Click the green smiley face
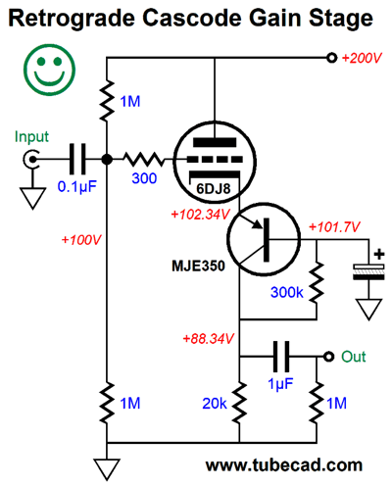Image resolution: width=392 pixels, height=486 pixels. (49, 70)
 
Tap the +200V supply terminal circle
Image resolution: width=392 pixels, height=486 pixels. (331, 58)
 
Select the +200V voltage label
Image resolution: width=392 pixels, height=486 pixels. (362, 58)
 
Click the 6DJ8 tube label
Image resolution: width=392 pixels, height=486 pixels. (214, 188)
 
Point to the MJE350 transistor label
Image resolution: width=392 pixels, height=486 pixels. (198, 266)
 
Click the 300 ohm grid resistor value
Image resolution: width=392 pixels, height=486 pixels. (144, 178)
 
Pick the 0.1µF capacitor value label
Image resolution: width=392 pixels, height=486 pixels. (77, 186)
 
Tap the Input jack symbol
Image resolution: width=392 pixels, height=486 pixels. (31, 160)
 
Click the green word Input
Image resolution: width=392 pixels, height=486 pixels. (31, 136)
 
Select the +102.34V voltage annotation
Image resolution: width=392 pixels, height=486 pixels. (200, 215)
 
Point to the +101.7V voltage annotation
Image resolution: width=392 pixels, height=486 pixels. (334, 226)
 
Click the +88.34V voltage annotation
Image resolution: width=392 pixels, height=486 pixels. (208, 339)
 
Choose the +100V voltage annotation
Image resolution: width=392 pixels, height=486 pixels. (81, 240)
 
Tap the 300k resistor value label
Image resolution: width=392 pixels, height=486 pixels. (287, 292)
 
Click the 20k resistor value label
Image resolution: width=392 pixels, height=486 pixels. (215, 404)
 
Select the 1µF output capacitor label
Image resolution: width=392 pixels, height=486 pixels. (280, 383)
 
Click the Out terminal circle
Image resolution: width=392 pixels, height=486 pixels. (328, 357)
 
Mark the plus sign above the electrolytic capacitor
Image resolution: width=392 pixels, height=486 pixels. (379, 254)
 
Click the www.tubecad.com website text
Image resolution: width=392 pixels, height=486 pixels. (284, 464)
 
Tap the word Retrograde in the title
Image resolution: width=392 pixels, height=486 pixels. (72, 19)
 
